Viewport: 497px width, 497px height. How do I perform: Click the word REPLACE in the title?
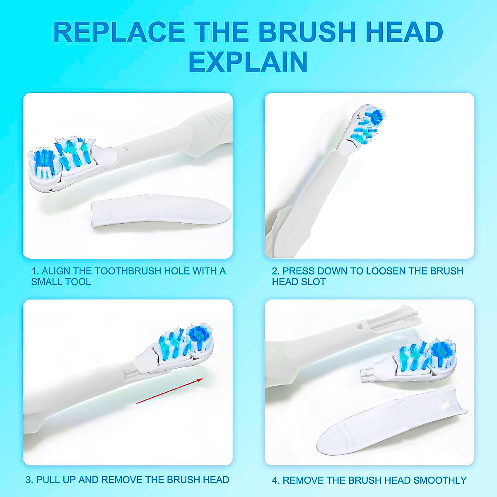pos(119,32)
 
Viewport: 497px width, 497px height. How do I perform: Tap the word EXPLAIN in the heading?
pos(248,62)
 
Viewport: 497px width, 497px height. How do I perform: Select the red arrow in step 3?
pos(169,391)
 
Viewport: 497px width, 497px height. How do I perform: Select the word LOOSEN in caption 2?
pos(385,271)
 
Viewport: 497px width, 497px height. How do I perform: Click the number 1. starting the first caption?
pos(35,271)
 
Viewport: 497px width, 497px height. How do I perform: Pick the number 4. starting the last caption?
pos(276,480)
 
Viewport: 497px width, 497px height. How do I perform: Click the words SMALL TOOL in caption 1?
pos(61,282)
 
